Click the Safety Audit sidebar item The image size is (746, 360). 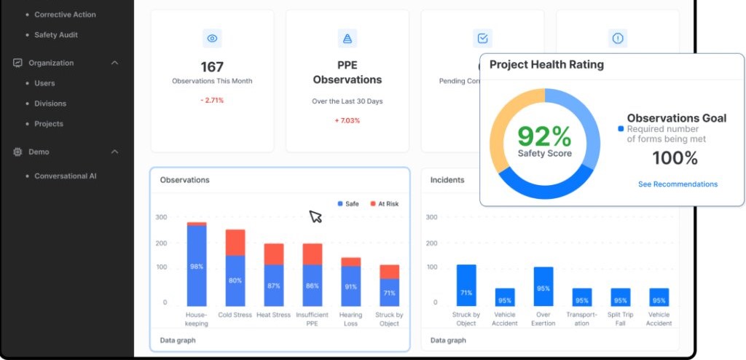coord(55,35)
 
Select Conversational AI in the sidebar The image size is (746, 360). coord(65,176)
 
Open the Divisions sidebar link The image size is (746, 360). coord(50,103)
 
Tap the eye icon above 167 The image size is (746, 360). coord(212,39)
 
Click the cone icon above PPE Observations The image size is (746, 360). coord(348,39)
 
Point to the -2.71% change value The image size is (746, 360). coord(212,100)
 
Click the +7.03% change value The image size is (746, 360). coord(348,120)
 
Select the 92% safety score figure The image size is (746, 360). coord(544,137)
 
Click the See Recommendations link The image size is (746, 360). coord(678,184)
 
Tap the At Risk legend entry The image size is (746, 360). coord(383,204)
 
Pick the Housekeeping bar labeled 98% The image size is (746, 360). coord(197,266)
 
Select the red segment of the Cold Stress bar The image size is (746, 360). coord(235,242)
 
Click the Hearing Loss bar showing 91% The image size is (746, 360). coord(351,286)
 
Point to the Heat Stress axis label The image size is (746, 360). coord(274,316)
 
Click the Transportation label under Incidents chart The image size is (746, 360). coord(582,319)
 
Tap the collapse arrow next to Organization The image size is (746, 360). coord(114,63)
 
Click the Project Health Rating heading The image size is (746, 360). coord(546,65)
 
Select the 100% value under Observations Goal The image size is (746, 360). coord(675,158)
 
